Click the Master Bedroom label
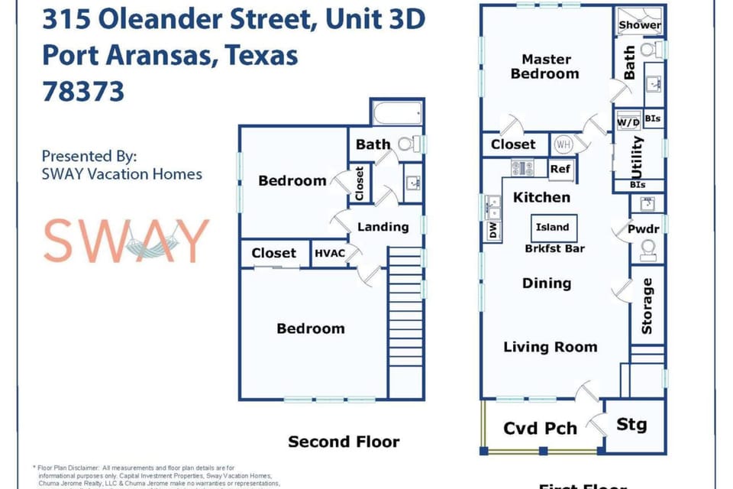[545, 66]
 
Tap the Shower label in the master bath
[640, 25]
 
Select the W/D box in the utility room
[628, 121]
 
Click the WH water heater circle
[563, 143]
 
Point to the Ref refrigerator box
[560, 169]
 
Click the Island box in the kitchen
[552, 227]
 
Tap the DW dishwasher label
[492, 230]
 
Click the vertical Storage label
[647, 306]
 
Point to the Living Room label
[550, 347]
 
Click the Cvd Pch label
[541, 429]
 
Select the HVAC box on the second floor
[329, 253]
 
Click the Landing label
[383, 226]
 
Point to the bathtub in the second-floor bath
[396, 115]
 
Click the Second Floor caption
[344, 442]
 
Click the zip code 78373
[83, 92]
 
